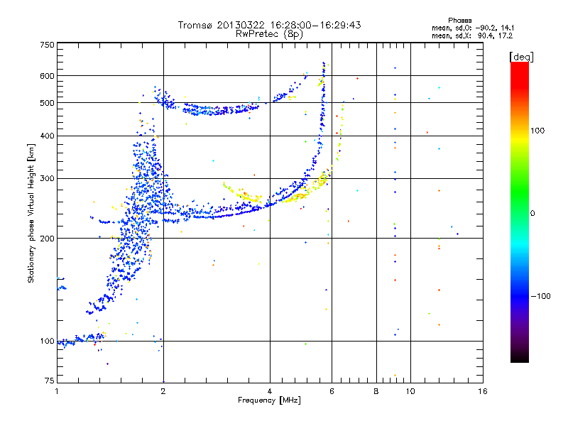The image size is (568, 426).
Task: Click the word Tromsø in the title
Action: click(x=195, y=25)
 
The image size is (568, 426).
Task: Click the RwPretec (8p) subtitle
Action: click(x=269, y=34)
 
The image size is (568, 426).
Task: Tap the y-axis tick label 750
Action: click(x=47, y=45)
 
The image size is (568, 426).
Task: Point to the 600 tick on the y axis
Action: click(x=47, y=76)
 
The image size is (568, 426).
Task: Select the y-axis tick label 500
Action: click(x=47, y=102)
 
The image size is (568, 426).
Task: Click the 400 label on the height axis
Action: click(x=47, y=136)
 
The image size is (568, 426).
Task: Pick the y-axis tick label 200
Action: click(x=47, y=238)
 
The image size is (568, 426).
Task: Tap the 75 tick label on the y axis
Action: click(x=50, y=381)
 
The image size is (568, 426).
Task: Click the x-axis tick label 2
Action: click(x=163, y=391)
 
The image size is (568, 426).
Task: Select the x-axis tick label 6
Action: click(x=332, y=391)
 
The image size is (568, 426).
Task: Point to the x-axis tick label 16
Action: click(x=483, y=391)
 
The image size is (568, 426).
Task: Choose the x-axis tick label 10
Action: click(x=410, y=391)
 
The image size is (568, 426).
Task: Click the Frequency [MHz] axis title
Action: click(x=269, y=400)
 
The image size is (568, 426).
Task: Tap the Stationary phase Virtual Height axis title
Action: click(x=31, y=213)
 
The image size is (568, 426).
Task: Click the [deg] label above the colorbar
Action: click(x=521, y=57)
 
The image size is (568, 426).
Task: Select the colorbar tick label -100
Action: click(x=540, y=296)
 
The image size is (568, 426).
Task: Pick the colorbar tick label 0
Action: click(x=532, y=214)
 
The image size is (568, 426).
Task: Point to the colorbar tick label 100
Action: click(x=537, y=131)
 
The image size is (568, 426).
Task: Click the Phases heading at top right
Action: click(x=460, y=21)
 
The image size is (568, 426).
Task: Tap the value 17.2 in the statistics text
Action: click(x=506, y=36)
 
